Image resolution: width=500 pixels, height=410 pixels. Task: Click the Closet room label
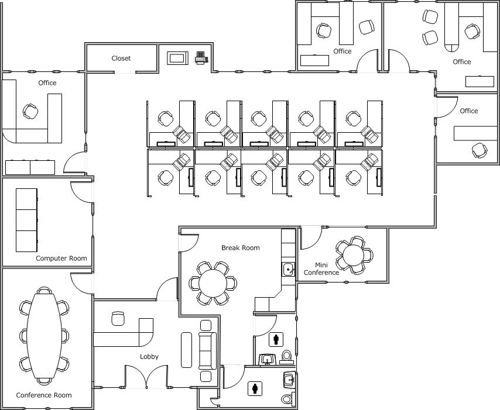[x=121, y=58]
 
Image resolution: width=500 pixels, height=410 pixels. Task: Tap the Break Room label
[x=241, y=248]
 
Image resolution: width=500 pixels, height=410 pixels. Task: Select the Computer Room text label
[x=61, y=259]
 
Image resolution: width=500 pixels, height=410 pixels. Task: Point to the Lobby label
[x=149, y=357]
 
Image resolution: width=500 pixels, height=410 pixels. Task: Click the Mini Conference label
[x=321, y=268]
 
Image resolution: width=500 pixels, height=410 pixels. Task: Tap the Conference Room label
[x=44, y=395]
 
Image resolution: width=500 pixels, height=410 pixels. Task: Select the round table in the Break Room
[x=213, y=283]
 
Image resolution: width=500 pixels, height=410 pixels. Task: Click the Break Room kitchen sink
[x=289, y=270]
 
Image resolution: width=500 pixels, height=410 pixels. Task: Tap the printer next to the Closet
[x=201, y=58]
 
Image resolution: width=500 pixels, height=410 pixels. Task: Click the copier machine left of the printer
[x=177, y=58]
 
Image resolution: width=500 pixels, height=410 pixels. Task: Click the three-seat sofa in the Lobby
[x=208, y=351]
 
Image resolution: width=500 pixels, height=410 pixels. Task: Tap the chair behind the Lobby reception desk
[x=118, y=318]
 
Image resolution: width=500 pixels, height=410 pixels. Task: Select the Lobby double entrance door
[x=146, y=377]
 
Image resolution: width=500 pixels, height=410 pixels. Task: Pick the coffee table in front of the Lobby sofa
[x=187, y=350]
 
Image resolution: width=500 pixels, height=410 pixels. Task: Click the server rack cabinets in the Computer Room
[x=27, y=220]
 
